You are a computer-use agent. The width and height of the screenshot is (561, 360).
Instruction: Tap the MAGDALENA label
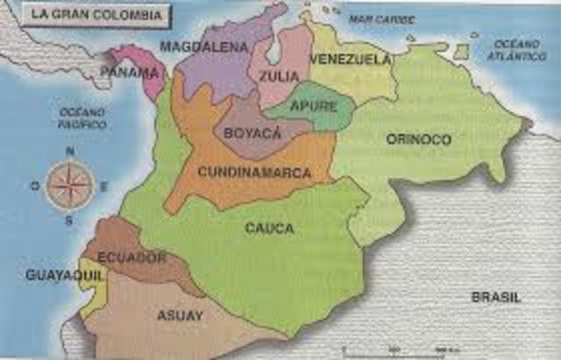tap(203, 47)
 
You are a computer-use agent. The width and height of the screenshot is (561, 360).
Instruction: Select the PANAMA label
tap(130, 72)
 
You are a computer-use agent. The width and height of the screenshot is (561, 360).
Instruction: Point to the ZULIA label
tap(279, 75)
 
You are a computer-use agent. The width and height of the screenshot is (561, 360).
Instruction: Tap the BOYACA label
tap(252, 132)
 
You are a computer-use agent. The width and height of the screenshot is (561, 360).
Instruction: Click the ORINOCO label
tap(419, 139)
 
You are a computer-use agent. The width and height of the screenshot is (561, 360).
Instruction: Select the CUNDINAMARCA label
tap(254, 173)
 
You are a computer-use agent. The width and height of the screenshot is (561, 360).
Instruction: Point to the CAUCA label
tap(269, 229)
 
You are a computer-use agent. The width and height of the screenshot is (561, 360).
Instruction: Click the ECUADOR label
tap(132, 257)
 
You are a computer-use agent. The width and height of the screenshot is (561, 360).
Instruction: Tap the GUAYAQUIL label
tap(53, 275)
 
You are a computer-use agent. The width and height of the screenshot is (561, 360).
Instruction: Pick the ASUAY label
tap(180, 314)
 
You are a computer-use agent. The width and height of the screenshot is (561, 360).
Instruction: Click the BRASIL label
tap(496, 297)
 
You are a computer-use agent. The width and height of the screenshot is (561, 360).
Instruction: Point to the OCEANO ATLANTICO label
tap(519, 50)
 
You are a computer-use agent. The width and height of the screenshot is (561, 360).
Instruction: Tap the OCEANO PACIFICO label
tap(82, 118)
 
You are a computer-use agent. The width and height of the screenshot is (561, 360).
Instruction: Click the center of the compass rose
tap(69, 185)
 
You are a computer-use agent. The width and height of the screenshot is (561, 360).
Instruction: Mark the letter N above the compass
tap(69, 151)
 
